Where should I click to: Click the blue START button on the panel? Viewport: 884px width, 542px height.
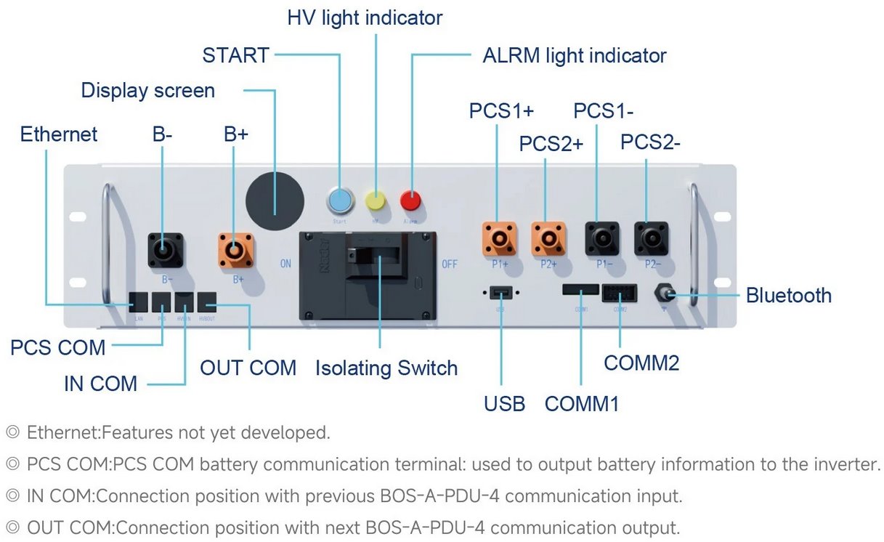pos(339,198)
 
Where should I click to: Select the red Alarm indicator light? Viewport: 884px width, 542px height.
pos(411,200)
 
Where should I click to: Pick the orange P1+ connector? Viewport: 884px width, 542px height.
pos(499,238)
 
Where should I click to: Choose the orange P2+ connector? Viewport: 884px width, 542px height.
pos(549,238)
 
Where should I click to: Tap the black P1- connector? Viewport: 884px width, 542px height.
pos(601,238)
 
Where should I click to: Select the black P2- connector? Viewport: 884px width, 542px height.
pos(651,238)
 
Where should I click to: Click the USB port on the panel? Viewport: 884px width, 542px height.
pos(499,292)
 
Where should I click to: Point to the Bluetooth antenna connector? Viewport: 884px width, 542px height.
pos(663,295)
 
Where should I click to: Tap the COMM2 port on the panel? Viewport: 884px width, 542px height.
pos(619,292)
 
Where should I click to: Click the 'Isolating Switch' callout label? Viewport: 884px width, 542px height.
pos(386,368)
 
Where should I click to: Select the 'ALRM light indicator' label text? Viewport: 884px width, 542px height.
pos(574,55)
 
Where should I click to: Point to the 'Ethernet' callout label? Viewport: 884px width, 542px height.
pos(59,134)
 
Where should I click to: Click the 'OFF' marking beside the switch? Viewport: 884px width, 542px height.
pos(450,264)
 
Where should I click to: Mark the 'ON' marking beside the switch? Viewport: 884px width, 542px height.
pos(285,264)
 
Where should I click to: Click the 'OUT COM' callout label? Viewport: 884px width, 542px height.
pos(248,368)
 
